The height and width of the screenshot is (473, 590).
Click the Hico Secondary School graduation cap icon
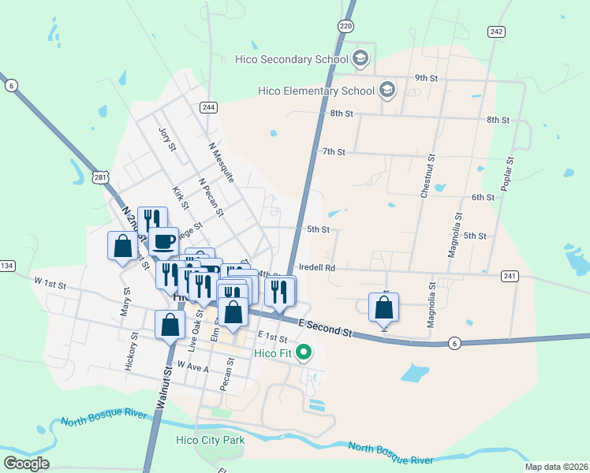click(360, 58)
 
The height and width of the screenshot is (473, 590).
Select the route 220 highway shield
click(345, 26)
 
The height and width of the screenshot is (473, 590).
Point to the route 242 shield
click(495, 32)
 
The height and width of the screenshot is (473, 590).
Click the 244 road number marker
click(208, 107)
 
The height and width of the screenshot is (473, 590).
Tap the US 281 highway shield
click(99, 177)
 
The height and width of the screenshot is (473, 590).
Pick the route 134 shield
click(7, 265)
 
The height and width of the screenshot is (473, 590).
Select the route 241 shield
click(509, 276)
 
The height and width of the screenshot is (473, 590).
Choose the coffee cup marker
click(163, 240)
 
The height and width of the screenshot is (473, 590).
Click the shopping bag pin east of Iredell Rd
click(383, 307)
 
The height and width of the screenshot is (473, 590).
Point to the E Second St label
click(325, 329)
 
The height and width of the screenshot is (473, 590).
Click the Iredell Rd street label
click(316, 268)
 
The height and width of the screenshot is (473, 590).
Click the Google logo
click(26, 463)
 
